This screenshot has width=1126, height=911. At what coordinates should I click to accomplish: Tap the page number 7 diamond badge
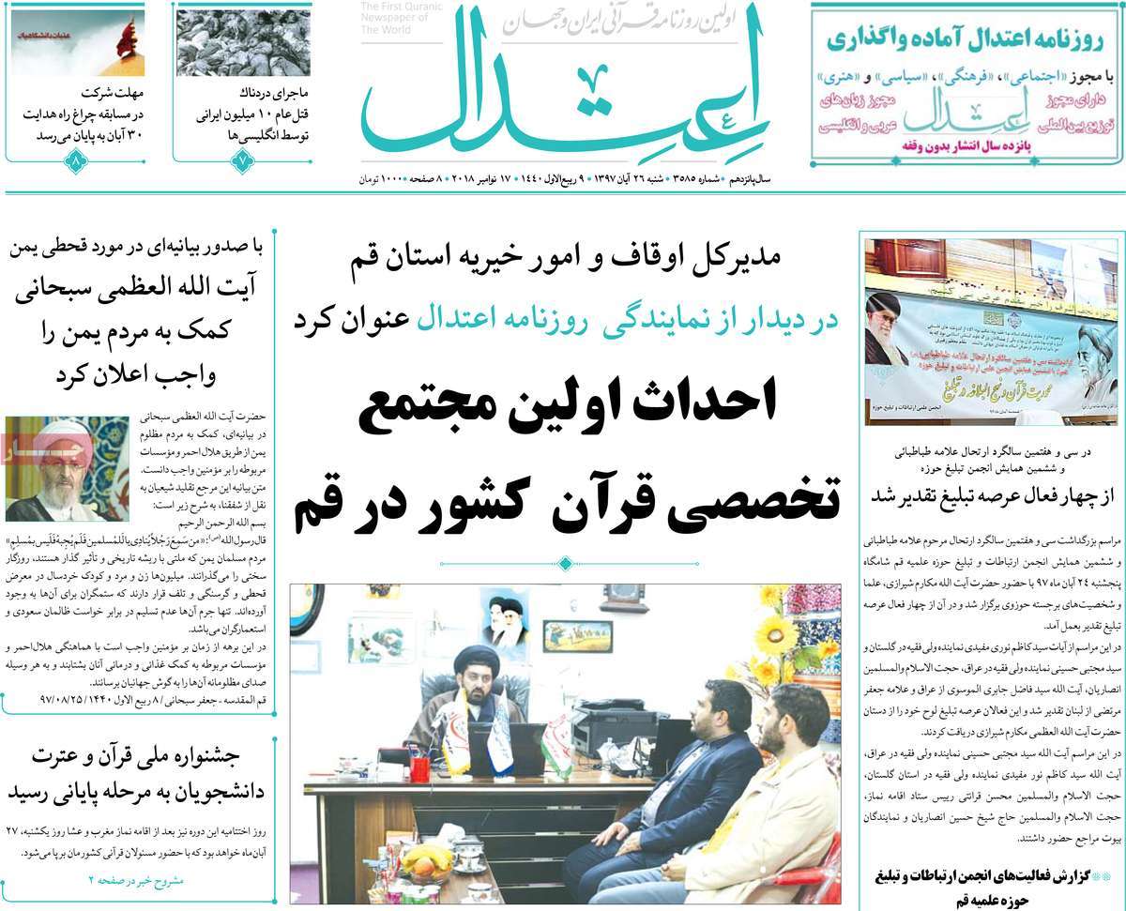tap(242, 161)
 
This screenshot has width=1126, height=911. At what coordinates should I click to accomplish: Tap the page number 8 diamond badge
tap(74, 161)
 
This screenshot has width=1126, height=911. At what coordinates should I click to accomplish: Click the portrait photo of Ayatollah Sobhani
tap(66, 468)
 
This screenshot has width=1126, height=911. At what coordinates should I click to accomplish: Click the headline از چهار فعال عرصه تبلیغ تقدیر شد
tap(991, 494)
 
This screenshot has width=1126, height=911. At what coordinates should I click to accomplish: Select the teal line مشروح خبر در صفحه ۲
tap(137, 878)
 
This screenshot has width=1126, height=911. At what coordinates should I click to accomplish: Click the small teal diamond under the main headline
tap(564, 564)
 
